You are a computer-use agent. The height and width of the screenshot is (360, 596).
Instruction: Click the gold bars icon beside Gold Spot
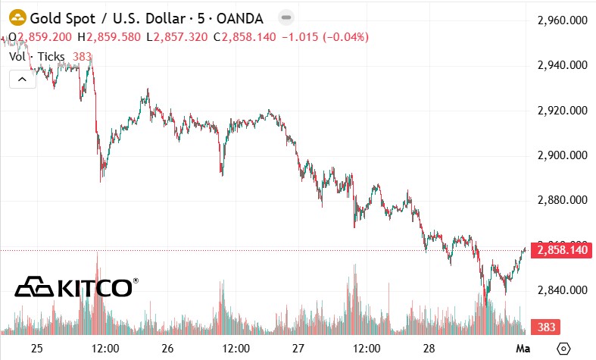[17, 17]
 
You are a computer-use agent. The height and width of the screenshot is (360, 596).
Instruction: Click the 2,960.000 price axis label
[563, 20]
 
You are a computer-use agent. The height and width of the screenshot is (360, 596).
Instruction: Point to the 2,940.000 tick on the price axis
[563, 65]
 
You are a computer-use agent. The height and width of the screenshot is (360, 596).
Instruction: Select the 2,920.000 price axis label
[563, 111]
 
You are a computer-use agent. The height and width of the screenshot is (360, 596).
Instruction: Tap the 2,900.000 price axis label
[563, 155]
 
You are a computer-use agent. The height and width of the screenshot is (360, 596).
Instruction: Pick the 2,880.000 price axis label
[563, 200]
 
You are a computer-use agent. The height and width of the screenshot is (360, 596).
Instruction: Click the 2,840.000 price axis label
[563, 290]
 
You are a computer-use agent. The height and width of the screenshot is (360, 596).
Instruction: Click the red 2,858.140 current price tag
[561, 250]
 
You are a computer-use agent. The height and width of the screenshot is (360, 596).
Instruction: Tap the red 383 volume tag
[545, 327]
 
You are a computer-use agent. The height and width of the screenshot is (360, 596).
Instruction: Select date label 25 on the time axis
[37, 348]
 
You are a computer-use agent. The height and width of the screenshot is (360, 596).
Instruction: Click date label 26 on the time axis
[167, 348]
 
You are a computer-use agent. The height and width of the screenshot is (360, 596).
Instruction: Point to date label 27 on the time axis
[298, 348]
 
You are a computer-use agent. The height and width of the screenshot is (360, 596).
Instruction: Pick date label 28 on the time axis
[429, 348]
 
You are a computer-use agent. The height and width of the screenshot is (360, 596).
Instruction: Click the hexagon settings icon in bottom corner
[563, 348]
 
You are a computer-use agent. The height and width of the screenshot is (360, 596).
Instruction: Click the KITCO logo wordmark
[76, 287]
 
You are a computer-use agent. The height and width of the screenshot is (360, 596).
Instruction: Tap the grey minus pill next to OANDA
[286, 17]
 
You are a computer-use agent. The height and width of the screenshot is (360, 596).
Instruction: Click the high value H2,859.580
[109, 37]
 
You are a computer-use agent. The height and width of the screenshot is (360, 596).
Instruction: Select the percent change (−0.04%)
[346, 37]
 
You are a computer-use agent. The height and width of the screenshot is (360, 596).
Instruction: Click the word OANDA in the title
[240, 18]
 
